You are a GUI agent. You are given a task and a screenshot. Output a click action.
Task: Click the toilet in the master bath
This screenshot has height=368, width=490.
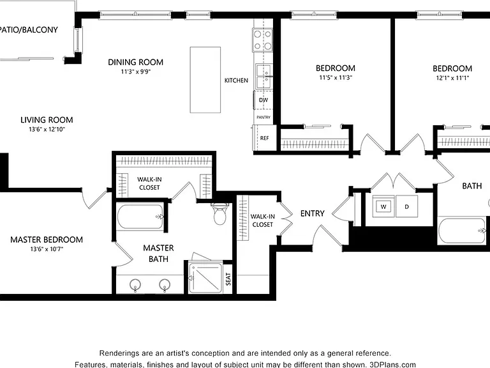pyautogui.click(x=220, y=214)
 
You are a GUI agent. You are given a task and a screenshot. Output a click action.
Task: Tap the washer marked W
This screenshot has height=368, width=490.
pyautogui.click(x=383, y=206)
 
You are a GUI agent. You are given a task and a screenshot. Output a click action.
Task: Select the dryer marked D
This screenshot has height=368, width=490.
pyautogui.click(x=406, y=206)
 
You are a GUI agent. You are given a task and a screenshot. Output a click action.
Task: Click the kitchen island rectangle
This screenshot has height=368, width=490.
pyautogui.click(x=205, y=80)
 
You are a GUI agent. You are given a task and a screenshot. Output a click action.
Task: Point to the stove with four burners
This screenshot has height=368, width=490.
pyautogui.click(x=262, y=40)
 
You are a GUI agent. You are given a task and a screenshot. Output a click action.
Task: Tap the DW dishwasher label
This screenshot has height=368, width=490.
pyautogui.click(x=264, y=100)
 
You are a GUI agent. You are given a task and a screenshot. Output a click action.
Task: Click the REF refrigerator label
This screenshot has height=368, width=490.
pyautogui.click(x=264, y=138)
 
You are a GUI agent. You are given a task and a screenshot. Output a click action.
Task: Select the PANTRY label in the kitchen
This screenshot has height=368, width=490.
pyautogui.click(x=264, y=118)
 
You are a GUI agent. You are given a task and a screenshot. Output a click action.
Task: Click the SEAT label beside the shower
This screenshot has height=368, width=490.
pyautogui.click(x=228, y=279)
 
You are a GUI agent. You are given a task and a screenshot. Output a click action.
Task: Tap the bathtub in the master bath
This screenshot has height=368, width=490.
pyautogui.click(x=140, y=217)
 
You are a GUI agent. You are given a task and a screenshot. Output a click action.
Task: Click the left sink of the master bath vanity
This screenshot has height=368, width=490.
pyautogui.click(x=135, y=285)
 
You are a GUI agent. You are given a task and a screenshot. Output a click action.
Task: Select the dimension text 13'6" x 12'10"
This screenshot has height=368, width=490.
pyautogui.click(x=47, y=129)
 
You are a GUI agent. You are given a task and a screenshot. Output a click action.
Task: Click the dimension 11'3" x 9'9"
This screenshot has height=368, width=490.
pyautogui.click(x=136, y=72)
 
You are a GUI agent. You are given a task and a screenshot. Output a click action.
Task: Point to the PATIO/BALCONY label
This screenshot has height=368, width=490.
pyautogui.click(x=29, y=30)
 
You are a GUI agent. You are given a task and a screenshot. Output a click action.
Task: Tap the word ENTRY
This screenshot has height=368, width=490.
pyautogui.click(x=312, y=213)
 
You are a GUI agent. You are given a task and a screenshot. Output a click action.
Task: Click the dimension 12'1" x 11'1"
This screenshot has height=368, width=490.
pyautogui.click(x=452, y=78)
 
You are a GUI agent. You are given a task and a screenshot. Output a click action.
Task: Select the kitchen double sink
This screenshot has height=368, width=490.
pyautogui.click(x=264, y=77)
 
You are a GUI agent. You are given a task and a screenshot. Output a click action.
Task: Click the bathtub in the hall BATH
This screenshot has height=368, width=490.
pyautogui.click(x=462, y=231)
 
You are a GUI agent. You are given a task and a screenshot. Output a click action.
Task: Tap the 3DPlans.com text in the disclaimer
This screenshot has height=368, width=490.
pyautogui.click(x=392, y=365)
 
